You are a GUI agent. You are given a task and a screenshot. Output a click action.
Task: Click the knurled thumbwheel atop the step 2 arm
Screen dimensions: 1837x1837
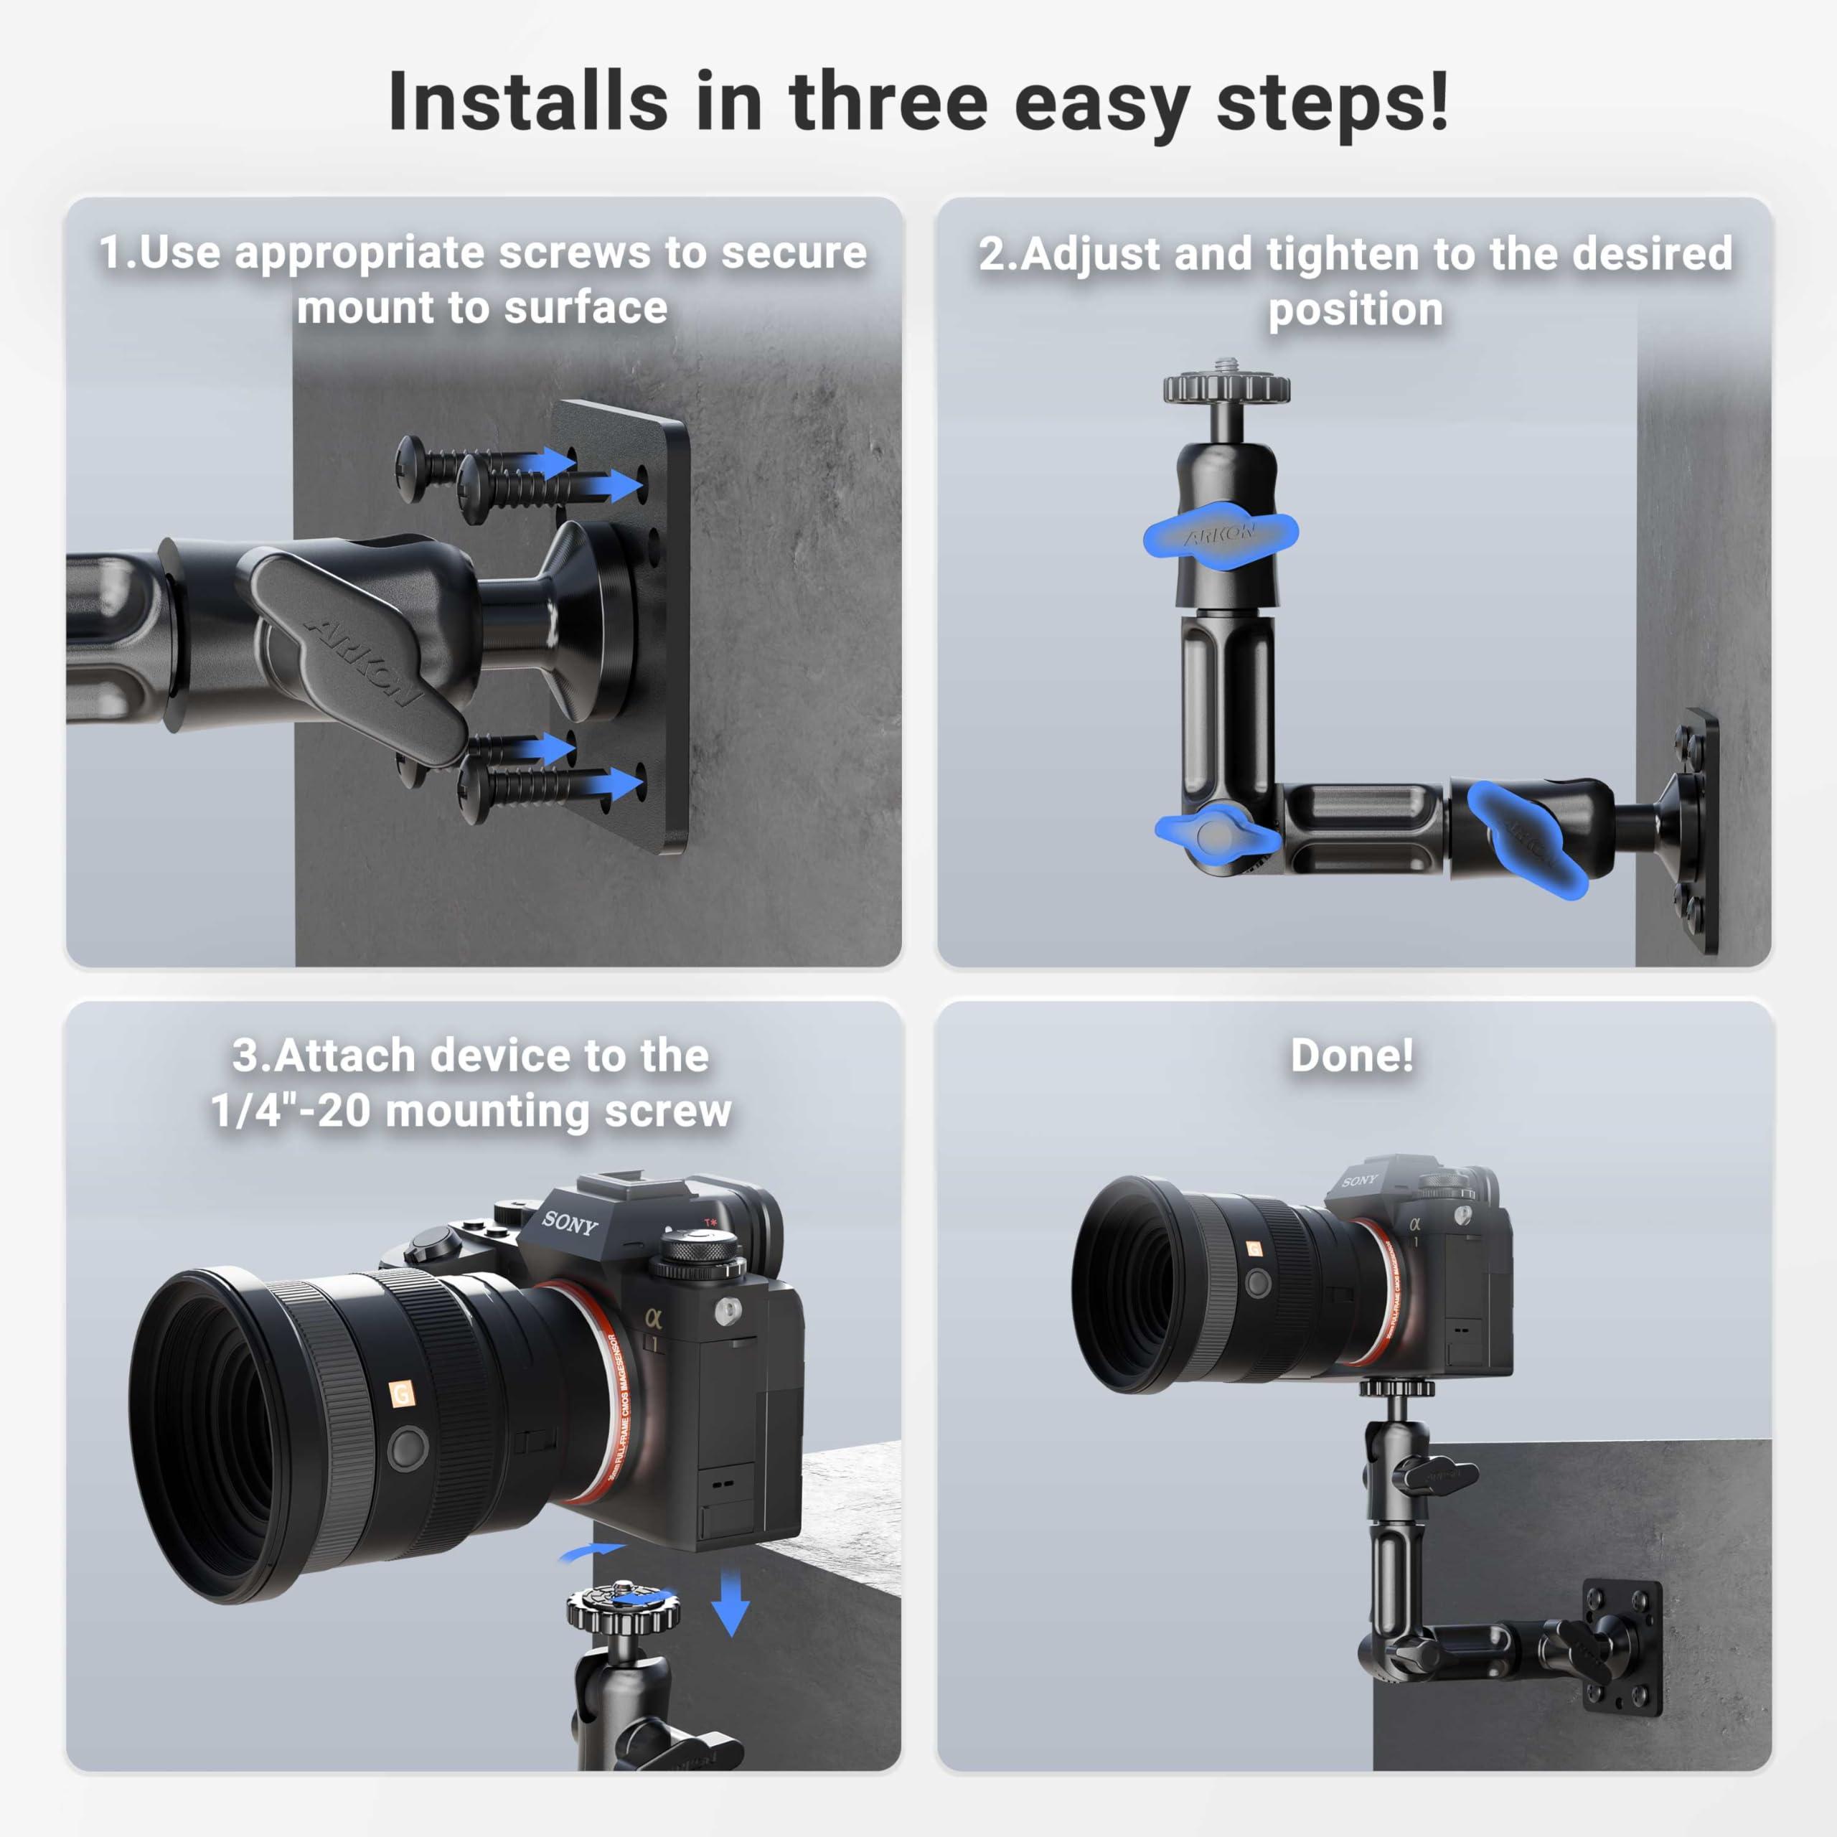[1226, 387]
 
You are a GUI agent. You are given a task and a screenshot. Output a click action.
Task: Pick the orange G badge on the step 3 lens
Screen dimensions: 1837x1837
[402, 1395]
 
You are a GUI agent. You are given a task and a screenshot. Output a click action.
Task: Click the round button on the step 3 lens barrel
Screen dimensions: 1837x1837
[407, 1448]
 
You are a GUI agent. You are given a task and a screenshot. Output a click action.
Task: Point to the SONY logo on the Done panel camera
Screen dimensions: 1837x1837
[1358, 1181]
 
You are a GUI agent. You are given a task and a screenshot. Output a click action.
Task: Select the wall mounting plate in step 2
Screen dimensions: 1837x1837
[1697, 830]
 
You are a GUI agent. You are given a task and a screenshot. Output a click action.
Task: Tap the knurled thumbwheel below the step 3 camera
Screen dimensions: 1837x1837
[624, 1610]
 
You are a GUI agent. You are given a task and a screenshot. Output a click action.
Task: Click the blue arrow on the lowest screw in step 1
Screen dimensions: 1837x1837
[611, 784]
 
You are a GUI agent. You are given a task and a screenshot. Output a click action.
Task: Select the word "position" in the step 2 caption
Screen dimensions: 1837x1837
[1355, 310]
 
